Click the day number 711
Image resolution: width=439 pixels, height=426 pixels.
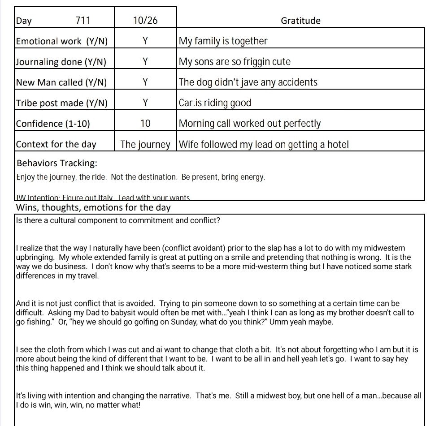[x=83, y=21]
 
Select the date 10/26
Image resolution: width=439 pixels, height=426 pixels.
[x=145, y=21]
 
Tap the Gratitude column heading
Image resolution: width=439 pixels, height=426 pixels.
[x=300, y=21]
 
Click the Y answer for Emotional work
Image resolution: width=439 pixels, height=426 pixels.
[x=145, y=41]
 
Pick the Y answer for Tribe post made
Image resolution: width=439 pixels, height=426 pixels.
[x=145, y=103]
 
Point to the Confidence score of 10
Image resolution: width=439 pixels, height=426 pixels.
[x=145, y=124]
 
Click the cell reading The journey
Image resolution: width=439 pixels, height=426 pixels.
[x=145, y=144]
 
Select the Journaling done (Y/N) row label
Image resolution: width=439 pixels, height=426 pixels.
[x=61, y=62]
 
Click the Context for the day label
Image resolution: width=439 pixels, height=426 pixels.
[x=56, y=144]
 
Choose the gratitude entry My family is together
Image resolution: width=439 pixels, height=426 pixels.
[x=223, y=41]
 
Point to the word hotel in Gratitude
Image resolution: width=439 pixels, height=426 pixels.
[x=338, y=144]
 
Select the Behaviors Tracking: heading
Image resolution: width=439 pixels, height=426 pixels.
[x=57, y=163]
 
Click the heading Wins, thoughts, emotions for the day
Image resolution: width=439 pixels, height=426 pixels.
[x=93, y=208]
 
